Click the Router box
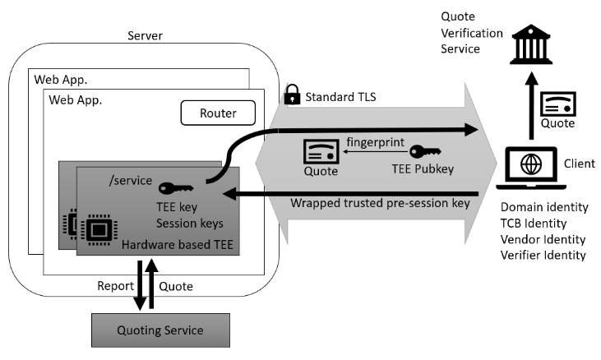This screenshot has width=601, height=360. coord(217,113)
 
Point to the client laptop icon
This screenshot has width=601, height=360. coord(531,164)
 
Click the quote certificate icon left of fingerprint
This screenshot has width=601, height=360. coord(320,151)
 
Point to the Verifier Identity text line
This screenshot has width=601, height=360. coord(543,255)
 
